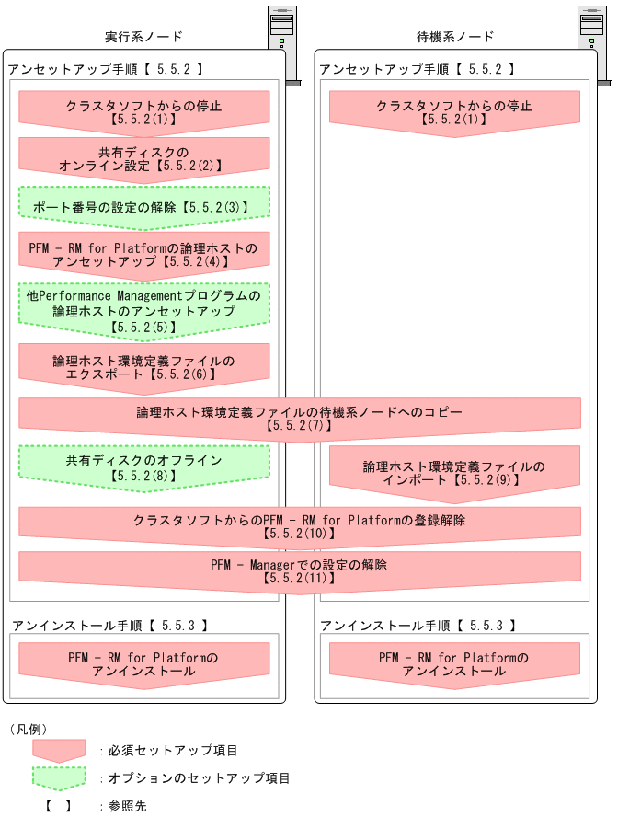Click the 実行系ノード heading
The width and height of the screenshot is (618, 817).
143,37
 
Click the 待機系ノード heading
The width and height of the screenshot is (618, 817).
455,37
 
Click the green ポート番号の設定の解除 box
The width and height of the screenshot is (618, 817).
143,207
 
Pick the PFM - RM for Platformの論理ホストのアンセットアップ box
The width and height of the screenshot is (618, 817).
143,255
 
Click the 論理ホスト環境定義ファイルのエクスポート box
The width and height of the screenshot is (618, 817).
143,367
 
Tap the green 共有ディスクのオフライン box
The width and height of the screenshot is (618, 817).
143,466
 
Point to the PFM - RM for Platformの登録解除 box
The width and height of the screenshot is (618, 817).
300,525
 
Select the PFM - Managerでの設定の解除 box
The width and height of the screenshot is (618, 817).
300,570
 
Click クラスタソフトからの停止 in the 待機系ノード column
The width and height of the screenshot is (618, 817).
455,111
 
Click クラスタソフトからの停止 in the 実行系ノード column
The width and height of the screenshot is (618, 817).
143,111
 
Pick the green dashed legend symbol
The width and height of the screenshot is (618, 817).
59,778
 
